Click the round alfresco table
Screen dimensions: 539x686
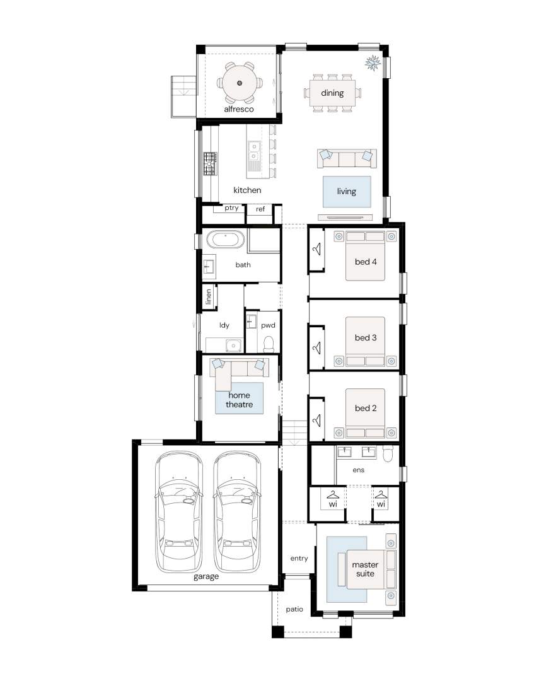240,83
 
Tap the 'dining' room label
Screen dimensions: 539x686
332,93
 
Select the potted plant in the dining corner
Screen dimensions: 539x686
373,63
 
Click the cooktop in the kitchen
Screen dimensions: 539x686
210,164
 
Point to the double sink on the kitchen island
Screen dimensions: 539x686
253,151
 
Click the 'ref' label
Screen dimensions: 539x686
260,209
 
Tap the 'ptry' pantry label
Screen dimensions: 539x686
231,208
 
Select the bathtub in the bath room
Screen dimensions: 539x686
225,240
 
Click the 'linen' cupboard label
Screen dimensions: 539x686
209,296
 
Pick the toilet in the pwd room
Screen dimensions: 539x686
269,344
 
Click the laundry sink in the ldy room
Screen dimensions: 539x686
234,346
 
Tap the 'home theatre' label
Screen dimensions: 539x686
239,400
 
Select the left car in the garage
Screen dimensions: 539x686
179,512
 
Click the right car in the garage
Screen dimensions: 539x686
237,512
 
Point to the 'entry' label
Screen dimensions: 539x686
299,558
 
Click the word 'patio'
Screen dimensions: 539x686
294,609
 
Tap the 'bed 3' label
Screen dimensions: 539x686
366,337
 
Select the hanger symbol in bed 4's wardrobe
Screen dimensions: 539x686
317,248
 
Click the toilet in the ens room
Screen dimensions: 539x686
388,454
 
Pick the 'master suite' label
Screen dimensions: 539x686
365,569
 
